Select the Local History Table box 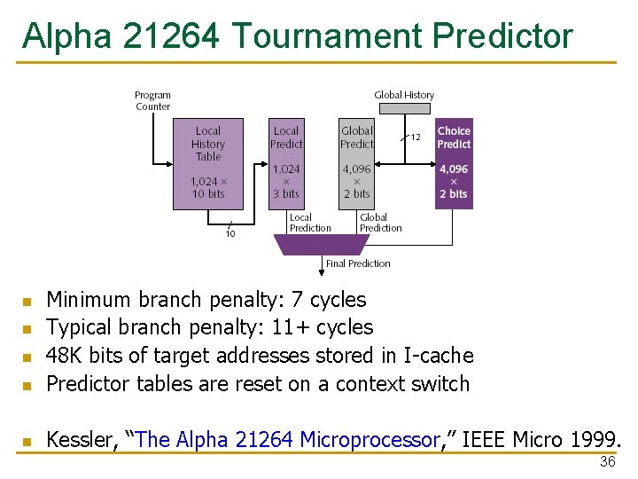[207, 163]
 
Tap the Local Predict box [285, 163]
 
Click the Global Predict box [356, 163]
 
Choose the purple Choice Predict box [454, 163]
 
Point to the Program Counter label [152, 100]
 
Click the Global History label [404, 95]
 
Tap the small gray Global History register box [404, 108]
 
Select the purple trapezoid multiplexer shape [322, 244]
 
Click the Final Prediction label [358, 263]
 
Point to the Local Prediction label [309, 223]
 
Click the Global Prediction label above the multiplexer [380, 223]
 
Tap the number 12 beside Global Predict [415, 137]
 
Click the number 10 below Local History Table [230, 234]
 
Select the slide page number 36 [607, 461]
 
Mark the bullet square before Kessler [27, 441]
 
